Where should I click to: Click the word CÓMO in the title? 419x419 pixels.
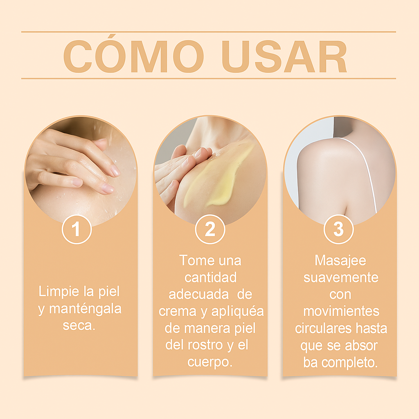tap(134, 56)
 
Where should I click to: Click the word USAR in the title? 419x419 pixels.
tap(286, 56)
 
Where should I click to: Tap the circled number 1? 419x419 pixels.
tap(77, 230)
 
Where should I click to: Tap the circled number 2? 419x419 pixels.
tap(210, 230)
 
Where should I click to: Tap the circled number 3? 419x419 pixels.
tap(338, 230)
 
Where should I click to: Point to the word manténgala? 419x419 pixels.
tap(85, 309)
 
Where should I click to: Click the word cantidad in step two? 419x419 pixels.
tap(210, 277)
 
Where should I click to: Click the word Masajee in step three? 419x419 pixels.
tap(340, 261)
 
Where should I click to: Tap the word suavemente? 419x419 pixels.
tap(341, 278)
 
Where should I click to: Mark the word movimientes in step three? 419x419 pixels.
tap(341, 311)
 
